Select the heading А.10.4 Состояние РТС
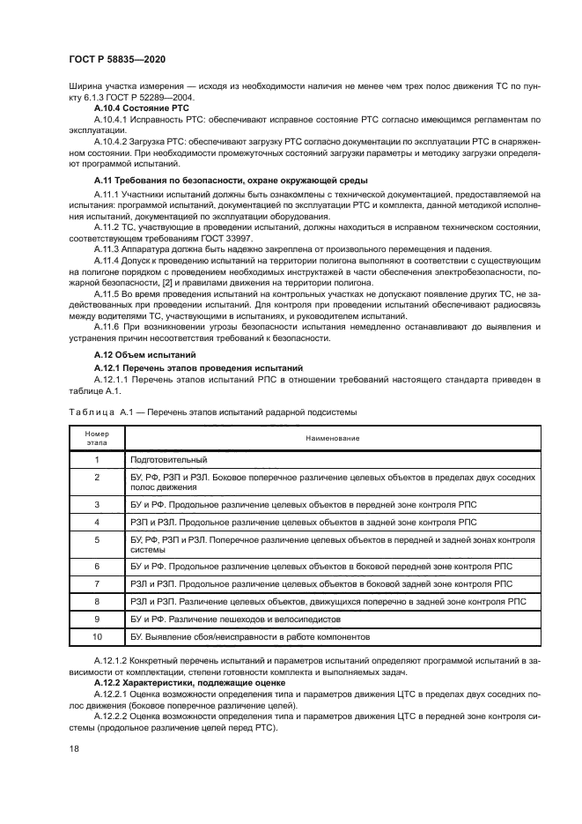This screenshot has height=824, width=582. [x=136, y=106]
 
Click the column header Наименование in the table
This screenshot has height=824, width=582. [x=331, y=438]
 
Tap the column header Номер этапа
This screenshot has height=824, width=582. [x=97, y=438]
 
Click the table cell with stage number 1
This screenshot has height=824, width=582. [x=97, y=459]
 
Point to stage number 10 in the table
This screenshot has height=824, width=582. [x=97, y=635]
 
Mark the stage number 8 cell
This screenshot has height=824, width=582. [x=97, y=601]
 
